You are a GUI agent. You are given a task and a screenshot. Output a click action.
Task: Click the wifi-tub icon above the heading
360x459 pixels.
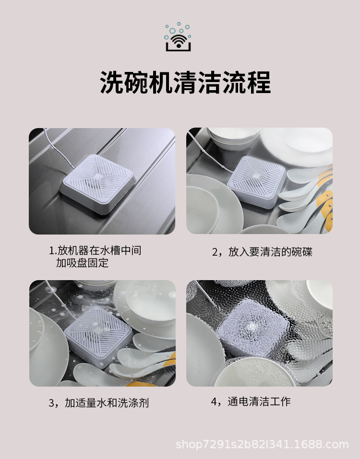pyautogui.click(x=178, y=37)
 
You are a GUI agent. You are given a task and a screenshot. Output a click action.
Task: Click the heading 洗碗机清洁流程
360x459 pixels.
pyautogui.click(x=185, y=82)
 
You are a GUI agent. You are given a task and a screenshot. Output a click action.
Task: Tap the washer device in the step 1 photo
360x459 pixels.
pyautogui.click(x=98, y=184)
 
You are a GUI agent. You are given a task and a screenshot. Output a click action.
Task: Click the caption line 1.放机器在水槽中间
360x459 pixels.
pyautogui.click(x=95, y=250)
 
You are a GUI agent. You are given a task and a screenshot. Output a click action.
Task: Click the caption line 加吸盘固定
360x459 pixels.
pyautogui.click(x=82, y=263)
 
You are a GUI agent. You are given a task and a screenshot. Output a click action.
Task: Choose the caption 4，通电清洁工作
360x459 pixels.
pyautogui.click(x=251, y=401)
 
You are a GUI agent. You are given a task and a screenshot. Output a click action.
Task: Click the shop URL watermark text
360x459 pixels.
pyautogui.click(x=262, y=444)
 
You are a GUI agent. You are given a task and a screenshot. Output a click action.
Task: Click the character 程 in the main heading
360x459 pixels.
pyautogui.click(x=260, y=82)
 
